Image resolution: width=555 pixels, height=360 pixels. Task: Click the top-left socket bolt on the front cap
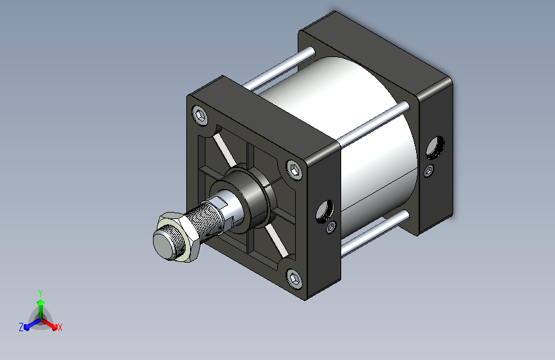(200, 115)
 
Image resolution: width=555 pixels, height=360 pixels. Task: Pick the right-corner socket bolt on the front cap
(294, 170)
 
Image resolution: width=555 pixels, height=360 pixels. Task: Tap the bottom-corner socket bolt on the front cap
(294, 279)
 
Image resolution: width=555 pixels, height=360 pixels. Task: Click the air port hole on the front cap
(325, 211)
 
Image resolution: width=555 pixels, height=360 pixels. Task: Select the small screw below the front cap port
(332, 227)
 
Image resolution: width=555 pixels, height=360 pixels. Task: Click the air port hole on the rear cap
(435, 147)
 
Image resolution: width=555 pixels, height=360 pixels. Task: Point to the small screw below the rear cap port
(429, 171)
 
